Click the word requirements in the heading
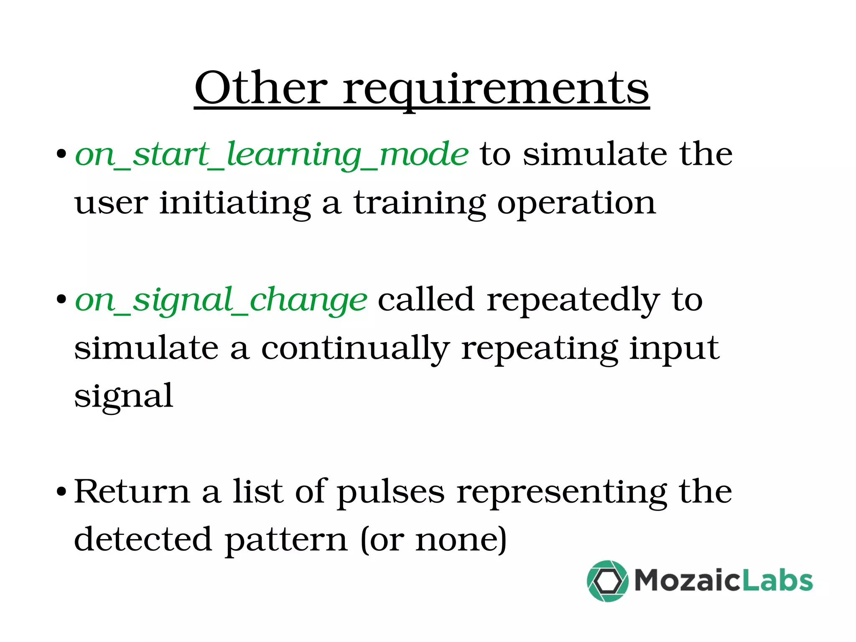tap(496, 89)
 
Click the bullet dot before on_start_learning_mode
tap(61, 154)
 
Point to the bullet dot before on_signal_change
tap(61, 299)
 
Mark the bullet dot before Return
tap(61, 491)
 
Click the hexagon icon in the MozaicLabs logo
tap(607, 581)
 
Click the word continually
tap(355, 349)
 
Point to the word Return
tap(132, 491)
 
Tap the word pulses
tap(391, 492)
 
